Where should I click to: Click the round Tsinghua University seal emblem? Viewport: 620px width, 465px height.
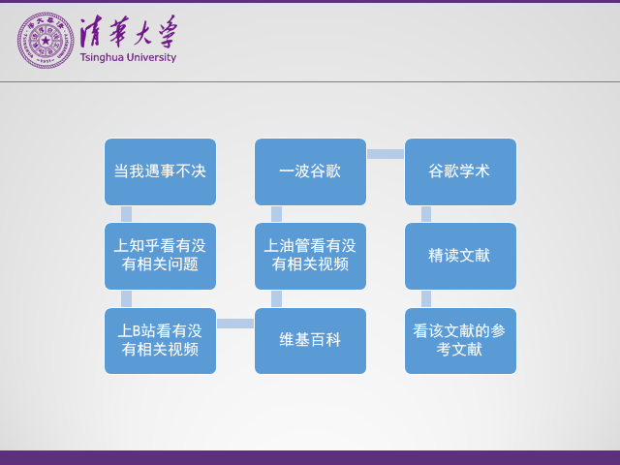pos(45,40)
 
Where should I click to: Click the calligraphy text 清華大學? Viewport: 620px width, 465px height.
pos(128,35)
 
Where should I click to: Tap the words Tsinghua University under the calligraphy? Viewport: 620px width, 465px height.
pos(129,58)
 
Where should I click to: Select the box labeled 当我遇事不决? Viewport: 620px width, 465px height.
pos(160,171)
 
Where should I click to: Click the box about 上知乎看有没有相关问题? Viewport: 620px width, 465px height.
pos(160,256)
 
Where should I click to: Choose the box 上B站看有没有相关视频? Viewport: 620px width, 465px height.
pos(160,340)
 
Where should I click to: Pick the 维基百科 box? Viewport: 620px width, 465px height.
pos(310,340)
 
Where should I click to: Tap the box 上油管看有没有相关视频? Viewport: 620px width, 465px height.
pos(310,256)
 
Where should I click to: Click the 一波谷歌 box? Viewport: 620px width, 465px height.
pos(310,171)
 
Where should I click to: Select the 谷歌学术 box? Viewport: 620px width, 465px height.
pos(460,171)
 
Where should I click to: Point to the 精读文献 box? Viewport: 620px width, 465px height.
pos(460,256)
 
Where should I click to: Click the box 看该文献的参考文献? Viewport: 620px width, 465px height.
pos(460,340)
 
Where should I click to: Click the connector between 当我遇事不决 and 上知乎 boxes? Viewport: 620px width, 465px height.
pos(126,214)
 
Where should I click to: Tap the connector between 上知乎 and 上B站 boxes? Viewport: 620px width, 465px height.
pos(126,298)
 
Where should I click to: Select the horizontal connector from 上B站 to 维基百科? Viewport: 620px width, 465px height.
pos(235,324)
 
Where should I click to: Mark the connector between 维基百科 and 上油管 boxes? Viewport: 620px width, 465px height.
pos(276,298)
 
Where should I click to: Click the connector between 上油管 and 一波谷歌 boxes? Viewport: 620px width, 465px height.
pos(276,214)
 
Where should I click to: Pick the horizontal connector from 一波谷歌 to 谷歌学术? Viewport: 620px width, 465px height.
pos(386,154)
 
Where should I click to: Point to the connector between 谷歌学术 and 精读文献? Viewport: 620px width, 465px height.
pos(426,214)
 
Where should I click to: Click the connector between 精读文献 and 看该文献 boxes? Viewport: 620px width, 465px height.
pos(426,298)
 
